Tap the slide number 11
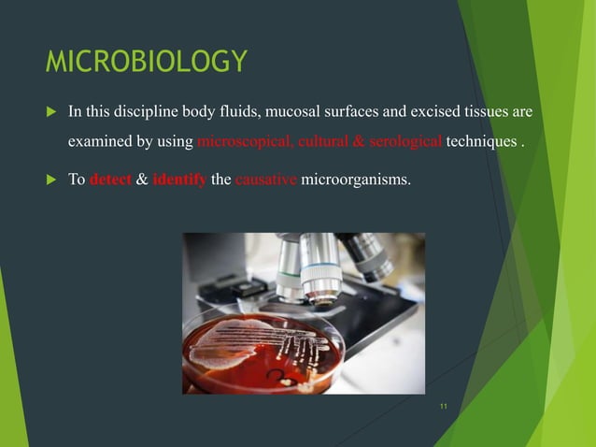point(443,405)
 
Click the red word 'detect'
point(111,180)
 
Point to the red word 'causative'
point(266,180)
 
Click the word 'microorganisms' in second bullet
point(355,180)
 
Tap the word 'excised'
point(420,112)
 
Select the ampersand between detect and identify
point(142,180)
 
